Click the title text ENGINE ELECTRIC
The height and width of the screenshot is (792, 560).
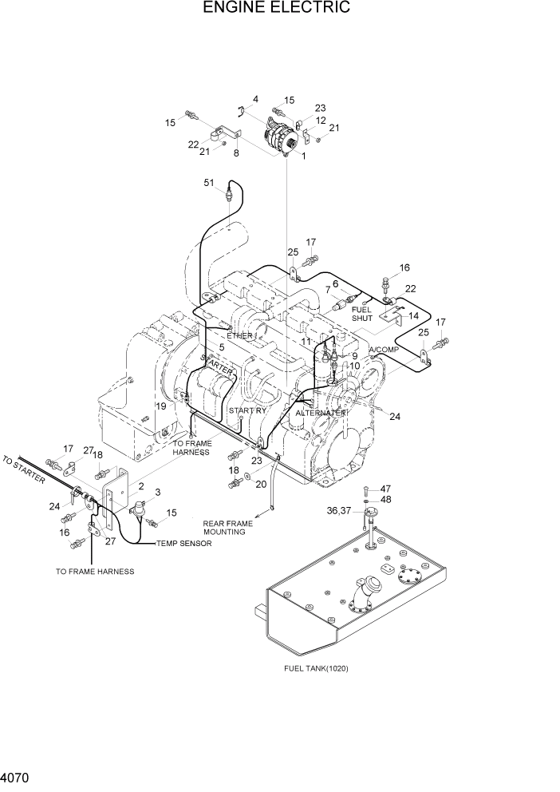click(277, 8)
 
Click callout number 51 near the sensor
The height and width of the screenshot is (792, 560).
click(209, 183)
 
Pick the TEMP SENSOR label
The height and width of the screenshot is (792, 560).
click(184, 544)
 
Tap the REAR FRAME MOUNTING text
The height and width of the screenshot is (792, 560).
click(227, 528)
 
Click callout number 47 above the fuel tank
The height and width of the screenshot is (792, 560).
click(385, 489)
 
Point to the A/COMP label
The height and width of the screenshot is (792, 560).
click(384, 350)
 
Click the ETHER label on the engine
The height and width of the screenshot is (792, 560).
click(239, 335)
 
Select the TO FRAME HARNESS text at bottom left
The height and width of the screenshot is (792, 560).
click(95, 572)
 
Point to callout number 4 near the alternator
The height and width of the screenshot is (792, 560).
click(255, 99)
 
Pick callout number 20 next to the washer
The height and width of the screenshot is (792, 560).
click(260, 483)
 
